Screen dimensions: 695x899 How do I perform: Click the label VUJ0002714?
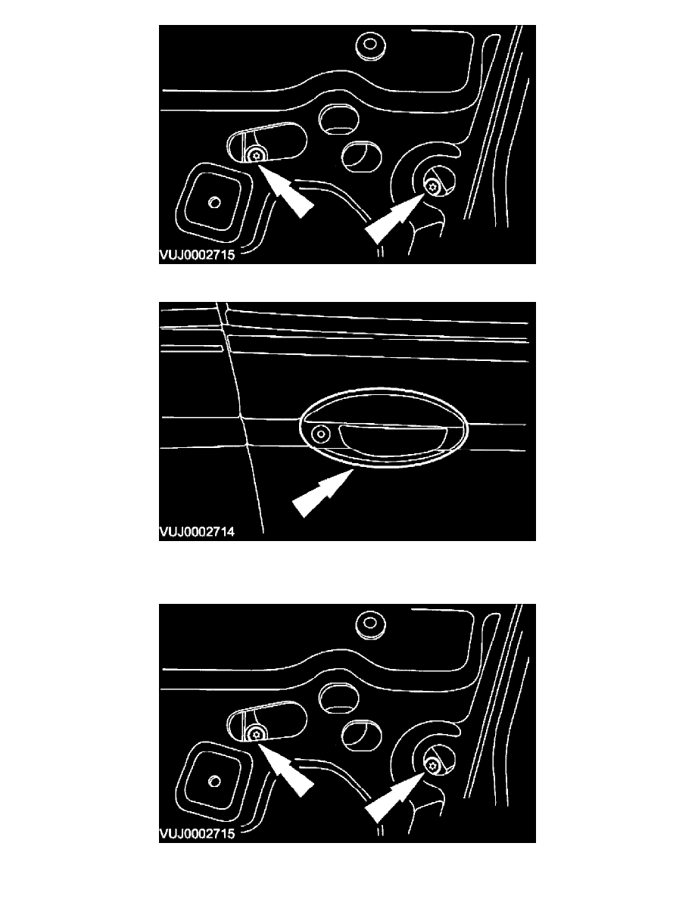pos(197,532)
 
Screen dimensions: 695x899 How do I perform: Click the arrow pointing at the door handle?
pos(323,493)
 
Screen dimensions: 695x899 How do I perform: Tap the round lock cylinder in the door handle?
pos(320,435)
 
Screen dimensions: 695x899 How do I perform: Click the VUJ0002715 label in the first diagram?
pos(197,255)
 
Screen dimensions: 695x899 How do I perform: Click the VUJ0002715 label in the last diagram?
pos(197,834)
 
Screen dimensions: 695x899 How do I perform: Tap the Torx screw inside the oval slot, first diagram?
pos(256,155)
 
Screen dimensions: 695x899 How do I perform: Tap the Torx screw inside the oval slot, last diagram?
pos(256,733)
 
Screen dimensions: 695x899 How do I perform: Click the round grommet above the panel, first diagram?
pos(370,46)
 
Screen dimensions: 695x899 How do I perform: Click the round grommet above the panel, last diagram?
pos(370,624)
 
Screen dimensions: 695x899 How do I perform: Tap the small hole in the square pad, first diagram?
pos(215,202)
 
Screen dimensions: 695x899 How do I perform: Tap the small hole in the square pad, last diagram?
pos(215,781)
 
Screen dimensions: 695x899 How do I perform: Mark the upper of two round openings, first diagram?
pos(338,119)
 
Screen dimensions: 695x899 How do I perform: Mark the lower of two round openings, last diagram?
pos(361,735)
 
